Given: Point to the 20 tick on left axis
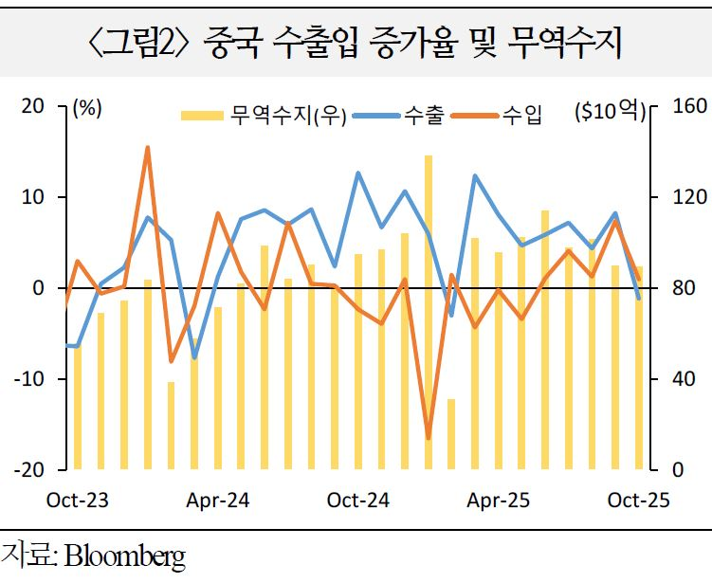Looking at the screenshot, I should click(x=35, y=106).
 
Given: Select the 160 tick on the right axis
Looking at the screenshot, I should click(x=685, y=106).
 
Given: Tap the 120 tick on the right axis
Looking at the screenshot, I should click(x=685, y=197).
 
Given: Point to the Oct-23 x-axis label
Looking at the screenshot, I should click(x=78, y=500).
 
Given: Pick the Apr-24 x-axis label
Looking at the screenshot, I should click(x=219, y=500).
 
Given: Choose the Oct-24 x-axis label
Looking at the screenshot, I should click(x=357, y=500).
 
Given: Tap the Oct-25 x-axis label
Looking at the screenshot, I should click(x=638, y=500).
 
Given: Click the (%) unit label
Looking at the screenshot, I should click(x=87, y=108).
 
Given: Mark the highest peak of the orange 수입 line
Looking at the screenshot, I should click(x=148, y=148).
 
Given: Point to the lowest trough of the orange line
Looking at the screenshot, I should click(x=429, y=438).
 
